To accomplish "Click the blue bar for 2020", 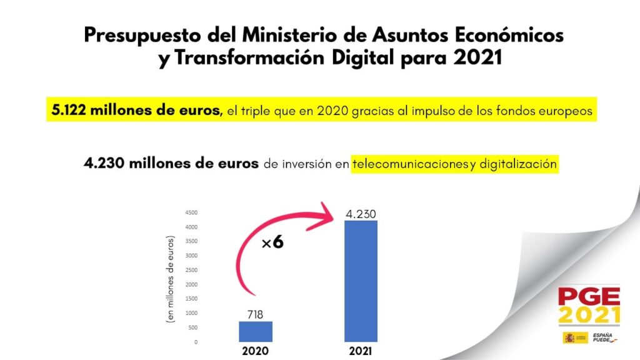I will pos(256,331).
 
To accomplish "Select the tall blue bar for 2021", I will pos(361,281).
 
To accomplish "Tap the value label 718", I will pos(255,314).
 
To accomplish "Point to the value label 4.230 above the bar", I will pos(361,214).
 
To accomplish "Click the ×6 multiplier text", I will pos(272,242).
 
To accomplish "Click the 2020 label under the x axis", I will pos(255,351).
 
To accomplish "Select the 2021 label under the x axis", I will pos(361,351).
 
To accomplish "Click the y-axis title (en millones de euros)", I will pos(169,279).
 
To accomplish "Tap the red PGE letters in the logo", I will pos(589,296).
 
